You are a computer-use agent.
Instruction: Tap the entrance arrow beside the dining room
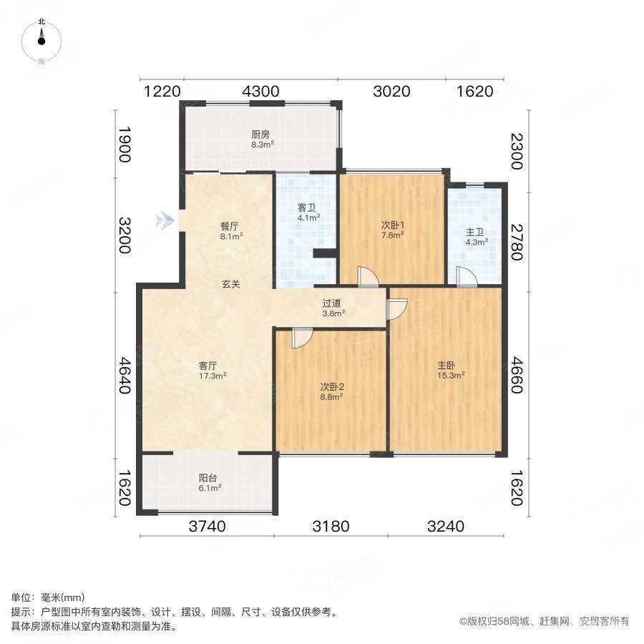click(x=166, y=220)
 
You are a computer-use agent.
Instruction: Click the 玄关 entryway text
click(x=230, y=284)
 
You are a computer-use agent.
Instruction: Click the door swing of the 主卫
click(x=466, y=277)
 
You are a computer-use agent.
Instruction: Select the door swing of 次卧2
click(x=302, y=337)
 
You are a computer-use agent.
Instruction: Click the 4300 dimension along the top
click(x=260, y=92)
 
